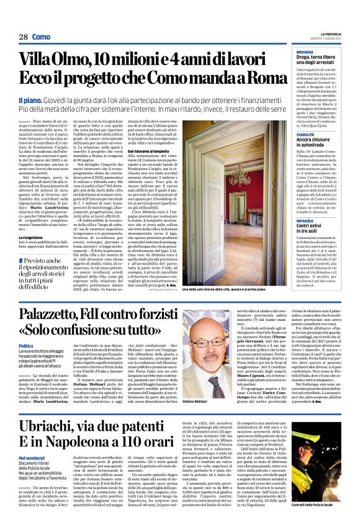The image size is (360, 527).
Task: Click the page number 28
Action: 23,37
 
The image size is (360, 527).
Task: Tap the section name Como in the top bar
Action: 42,37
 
